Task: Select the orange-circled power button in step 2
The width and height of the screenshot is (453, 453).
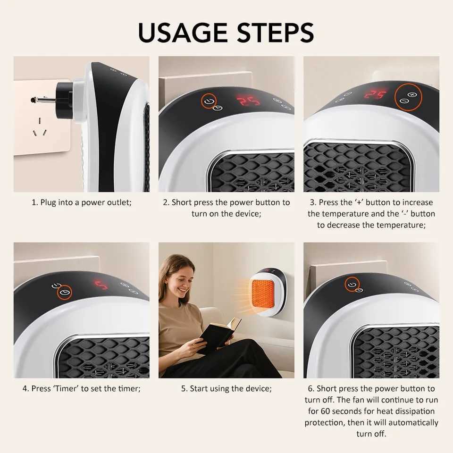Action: coord(209,101)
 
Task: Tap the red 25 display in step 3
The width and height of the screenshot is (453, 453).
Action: coord(375,94)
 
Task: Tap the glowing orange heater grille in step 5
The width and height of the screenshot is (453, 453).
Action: coord(262,293)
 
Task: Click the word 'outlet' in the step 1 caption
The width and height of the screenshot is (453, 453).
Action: coord(116,202)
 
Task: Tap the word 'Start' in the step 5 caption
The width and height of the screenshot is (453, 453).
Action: coord(200,389)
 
